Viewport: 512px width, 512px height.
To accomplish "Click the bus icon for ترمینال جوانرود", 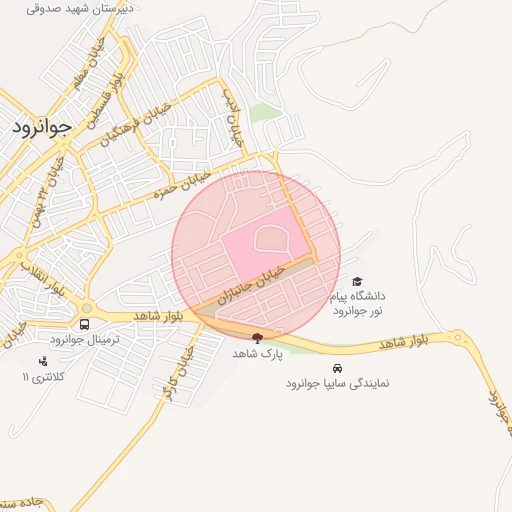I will point(85,325).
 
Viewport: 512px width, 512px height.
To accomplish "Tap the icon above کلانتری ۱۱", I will point(42,361).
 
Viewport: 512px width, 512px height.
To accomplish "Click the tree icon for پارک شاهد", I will point(258,338).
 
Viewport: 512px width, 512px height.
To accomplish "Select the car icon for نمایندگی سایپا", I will point(336,367).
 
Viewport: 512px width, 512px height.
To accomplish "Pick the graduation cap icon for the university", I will point(358,281).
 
